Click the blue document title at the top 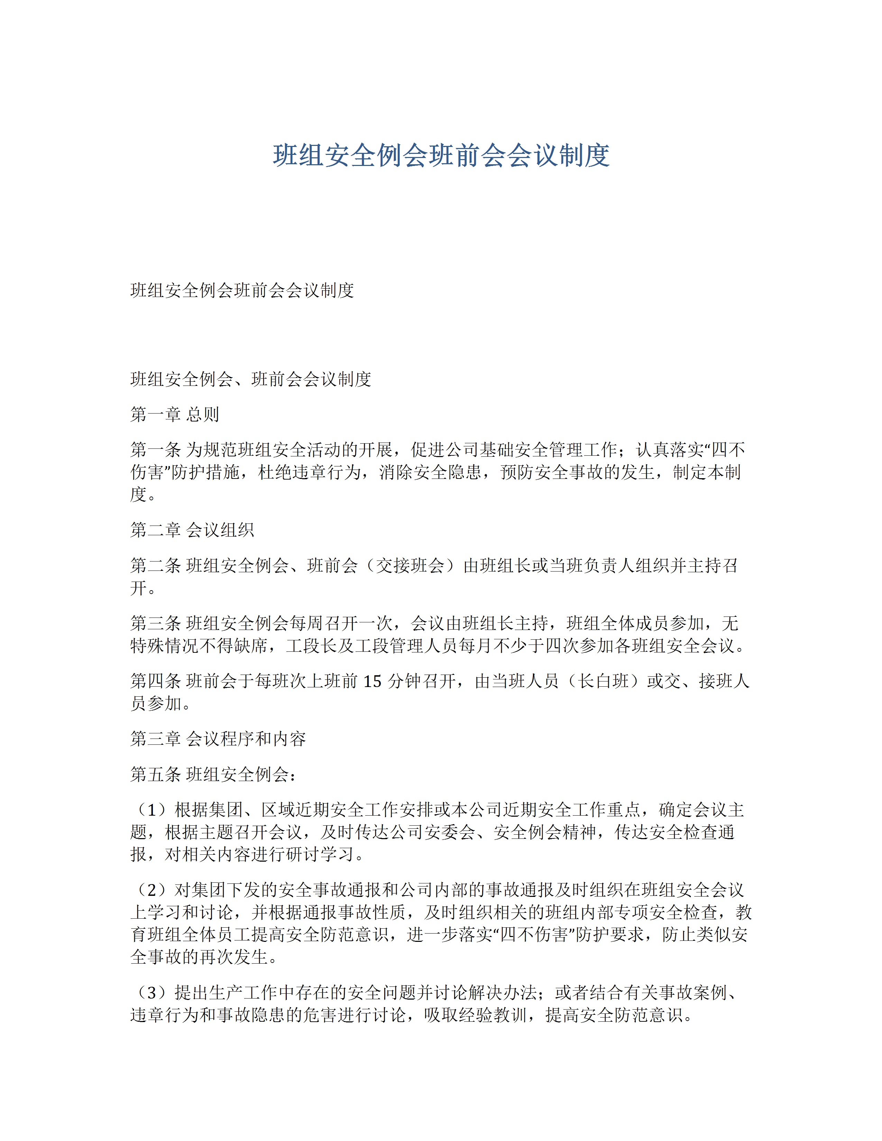(441, 155)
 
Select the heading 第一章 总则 (175, 414)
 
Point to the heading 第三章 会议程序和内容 (218, 738)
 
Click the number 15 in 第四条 (372, 681)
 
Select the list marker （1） (151, 809)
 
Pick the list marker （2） (151, 889)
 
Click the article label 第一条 (156, 449)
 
